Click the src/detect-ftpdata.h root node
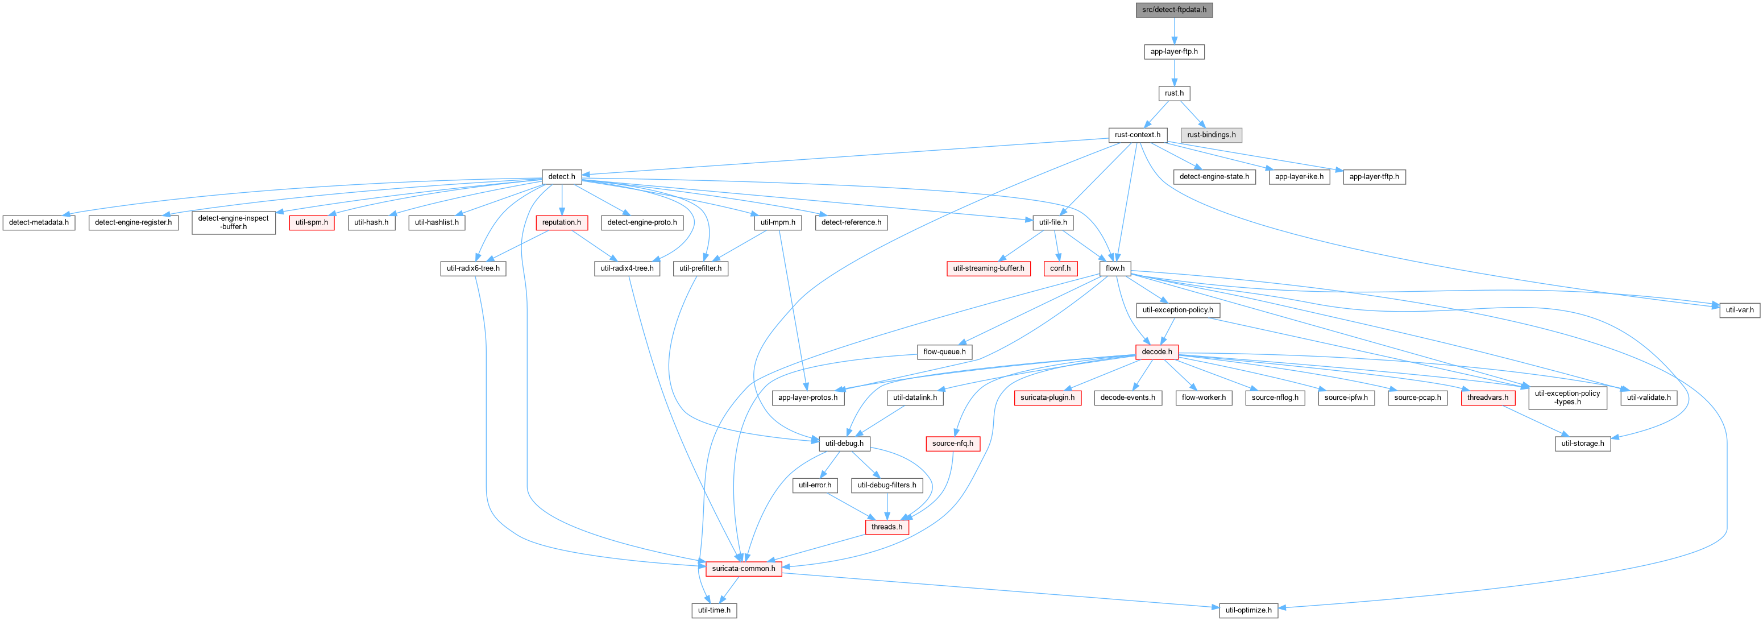pos(1174,10)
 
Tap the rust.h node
pos(1174,93)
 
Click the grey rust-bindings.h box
pos(1212,135)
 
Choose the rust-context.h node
pos(1138,135)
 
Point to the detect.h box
pos(562,177)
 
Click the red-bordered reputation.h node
pos(561,222)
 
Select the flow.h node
pos(1115,268)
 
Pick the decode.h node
pos(1156,352)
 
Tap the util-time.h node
pos(714,611)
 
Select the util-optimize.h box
pos(1248,611)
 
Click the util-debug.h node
pos(844,444)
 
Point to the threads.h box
pos(887,527)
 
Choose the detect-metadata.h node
pos(39,222)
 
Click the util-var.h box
pos(1739,310)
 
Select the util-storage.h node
pos(1583,444)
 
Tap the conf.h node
pos(1060,268)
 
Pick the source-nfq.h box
pos(953,444)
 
